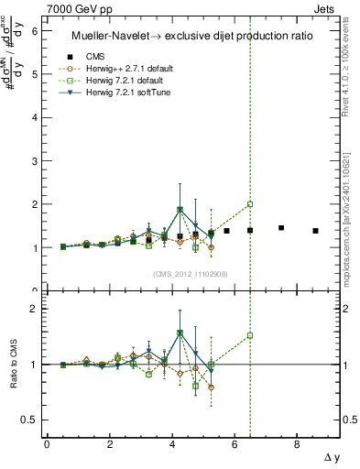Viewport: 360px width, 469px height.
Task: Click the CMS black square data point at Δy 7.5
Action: [x=281, y=228]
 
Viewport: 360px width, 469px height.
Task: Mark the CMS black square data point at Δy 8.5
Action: [x=315, y=231]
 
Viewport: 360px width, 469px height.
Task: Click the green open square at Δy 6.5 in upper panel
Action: [x=250, y=204]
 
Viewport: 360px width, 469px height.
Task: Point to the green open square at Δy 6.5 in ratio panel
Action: [x=250, y=335]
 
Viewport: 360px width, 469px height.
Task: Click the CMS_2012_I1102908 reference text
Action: [x=187, y=274]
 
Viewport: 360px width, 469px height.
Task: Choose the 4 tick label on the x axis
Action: [x=172, y=444]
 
